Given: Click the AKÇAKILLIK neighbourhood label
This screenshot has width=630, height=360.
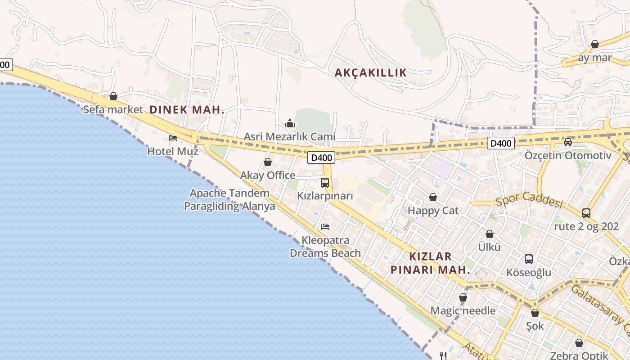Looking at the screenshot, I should tap(370, 73).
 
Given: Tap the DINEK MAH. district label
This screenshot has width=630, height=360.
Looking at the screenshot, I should tap(186, 109).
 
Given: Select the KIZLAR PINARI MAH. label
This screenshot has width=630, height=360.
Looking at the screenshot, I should tap(430, 263).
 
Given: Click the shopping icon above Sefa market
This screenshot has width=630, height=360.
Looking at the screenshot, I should tap(113, 96).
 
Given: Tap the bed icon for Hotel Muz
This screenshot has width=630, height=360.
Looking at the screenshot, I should tap(173, 138).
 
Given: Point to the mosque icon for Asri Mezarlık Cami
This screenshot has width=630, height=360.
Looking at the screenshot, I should tap(290, 123).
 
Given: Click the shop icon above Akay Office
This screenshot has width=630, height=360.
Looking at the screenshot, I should tap(268, 162).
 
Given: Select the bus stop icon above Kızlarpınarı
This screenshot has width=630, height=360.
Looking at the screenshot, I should tap(325, 183).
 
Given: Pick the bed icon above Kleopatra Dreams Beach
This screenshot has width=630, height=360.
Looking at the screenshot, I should tap(325, 226).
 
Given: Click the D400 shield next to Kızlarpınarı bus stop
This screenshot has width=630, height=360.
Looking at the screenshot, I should tap(321, 157).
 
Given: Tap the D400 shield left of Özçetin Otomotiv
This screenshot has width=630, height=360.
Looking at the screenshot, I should tap(500, 144).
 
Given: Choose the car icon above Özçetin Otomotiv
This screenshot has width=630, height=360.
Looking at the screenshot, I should tap(568, 142).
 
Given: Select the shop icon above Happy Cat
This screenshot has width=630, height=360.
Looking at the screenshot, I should tap(433, 197).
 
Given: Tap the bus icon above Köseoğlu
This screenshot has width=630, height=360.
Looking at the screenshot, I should tap(529, 259).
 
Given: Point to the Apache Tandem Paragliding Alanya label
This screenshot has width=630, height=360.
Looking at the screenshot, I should tap(229, 200).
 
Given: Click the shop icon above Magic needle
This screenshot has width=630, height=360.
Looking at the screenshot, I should tap(463, 297).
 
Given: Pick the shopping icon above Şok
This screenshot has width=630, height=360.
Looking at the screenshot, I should tap(535, 313).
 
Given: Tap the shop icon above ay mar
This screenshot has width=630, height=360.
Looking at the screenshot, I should tap(595, 44).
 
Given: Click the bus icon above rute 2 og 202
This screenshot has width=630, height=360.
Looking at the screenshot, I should tap(586, 213).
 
